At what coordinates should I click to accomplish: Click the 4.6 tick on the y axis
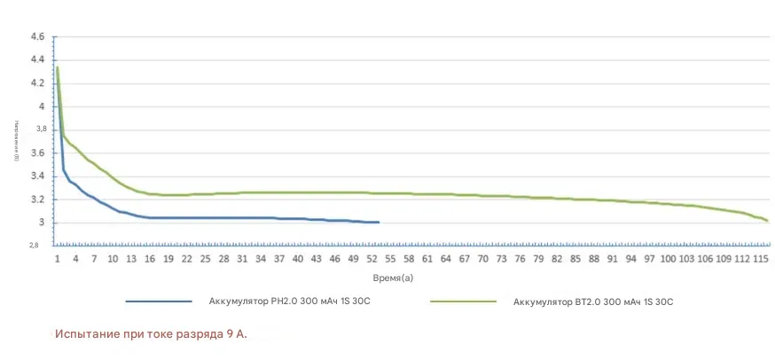tap(37, 37)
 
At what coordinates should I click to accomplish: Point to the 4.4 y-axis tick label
tap(37, 60)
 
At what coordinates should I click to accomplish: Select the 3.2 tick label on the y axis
tap(37, 200)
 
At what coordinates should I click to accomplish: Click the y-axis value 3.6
tap(37, 153)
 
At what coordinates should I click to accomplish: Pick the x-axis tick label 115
tap(760, 259)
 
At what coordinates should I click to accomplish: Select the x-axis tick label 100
tap(668, 259)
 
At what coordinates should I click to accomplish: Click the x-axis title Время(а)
tap(394, 278)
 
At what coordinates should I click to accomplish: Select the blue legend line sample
tap(159, 301)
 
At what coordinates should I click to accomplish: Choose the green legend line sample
tap(463, 301)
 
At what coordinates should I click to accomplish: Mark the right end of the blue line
tap(379, 223)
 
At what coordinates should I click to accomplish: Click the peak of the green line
tap(58, 67)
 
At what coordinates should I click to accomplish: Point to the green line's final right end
tap(767, 220)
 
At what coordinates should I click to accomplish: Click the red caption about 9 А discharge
tap(151, 334)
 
